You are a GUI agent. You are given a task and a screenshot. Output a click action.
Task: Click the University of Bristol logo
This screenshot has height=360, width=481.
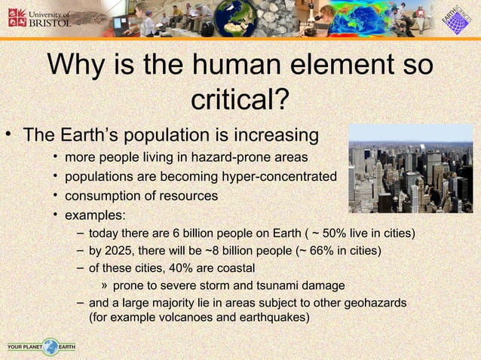[38, 18]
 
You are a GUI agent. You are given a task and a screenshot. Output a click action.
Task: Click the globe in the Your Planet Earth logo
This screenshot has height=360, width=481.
[50, 346]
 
